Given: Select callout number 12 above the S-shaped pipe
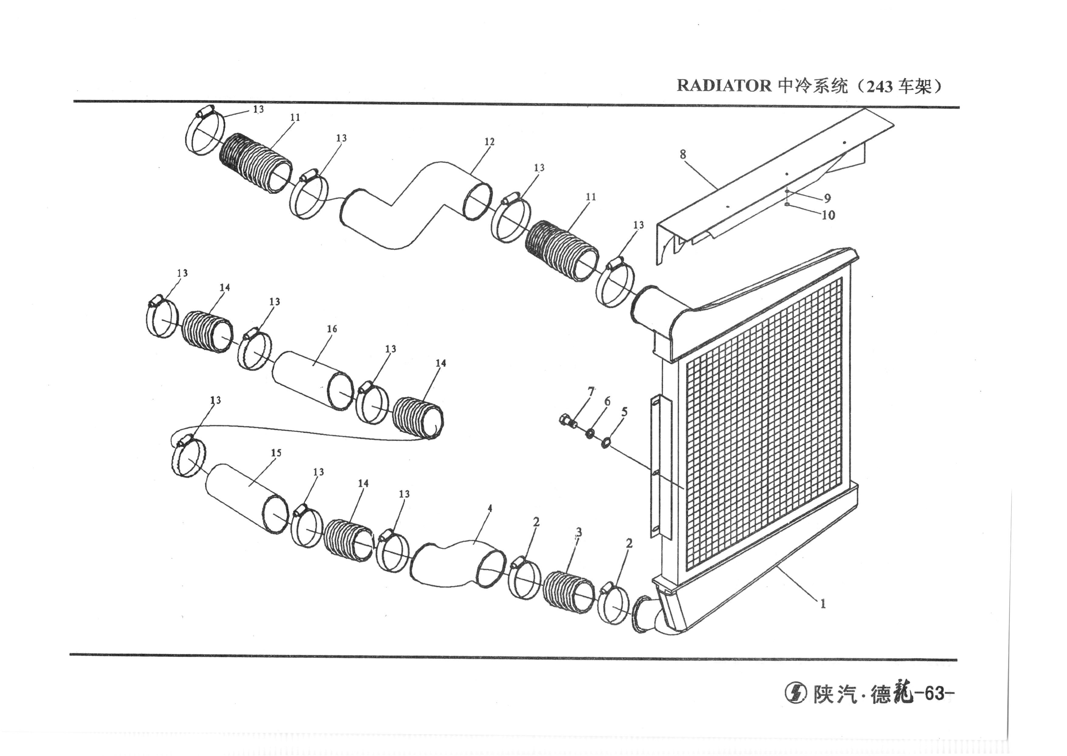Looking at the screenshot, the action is coord(489,142).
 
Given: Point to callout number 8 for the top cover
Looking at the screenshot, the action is coord(683,154).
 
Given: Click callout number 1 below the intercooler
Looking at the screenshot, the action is coord(823,604).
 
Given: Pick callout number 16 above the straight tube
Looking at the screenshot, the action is coord(332,329).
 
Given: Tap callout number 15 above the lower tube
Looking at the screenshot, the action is coord(276,452).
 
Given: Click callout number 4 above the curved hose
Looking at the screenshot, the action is coord(490,508).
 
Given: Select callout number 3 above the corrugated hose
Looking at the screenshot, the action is coord(578,532).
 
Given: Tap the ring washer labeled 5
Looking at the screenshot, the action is coord(606,443).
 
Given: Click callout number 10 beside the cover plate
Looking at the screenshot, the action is coord(828,215).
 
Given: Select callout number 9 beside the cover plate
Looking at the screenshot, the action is coord(827,198).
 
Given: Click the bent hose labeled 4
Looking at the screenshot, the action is coord(458,566).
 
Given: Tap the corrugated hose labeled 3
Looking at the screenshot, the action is coord(568,590).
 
